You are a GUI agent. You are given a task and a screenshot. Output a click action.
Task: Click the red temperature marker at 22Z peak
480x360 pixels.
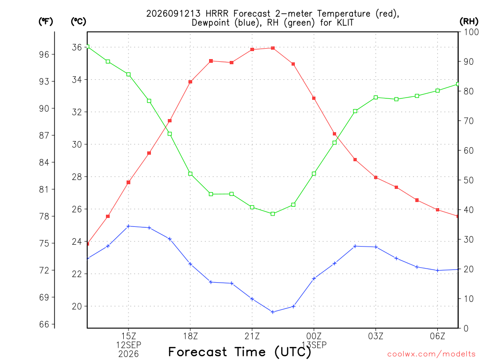point(273,48)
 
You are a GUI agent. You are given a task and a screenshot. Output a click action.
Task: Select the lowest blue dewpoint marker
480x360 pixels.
point(273,312)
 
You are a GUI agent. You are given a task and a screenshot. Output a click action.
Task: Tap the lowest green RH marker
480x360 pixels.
point(273,214)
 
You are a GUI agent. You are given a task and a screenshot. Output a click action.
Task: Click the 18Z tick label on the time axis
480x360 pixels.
point(190,336)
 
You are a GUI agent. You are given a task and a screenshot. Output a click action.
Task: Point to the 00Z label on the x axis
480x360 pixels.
point(314,336)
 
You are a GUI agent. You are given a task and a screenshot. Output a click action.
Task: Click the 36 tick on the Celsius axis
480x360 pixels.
point(77,47)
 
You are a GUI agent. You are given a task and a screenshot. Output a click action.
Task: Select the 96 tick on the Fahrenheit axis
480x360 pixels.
point(44,54)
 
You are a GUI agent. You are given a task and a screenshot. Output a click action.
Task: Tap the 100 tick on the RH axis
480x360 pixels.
point(471,32)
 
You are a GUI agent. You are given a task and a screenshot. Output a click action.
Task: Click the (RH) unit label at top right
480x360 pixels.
point(469,22)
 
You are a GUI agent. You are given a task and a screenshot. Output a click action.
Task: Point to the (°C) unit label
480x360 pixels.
point(78,22)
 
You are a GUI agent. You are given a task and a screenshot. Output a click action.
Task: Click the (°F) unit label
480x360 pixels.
point(45,22)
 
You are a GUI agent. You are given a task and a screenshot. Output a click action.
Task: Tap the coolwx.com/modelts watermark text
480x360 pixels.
point(431,354)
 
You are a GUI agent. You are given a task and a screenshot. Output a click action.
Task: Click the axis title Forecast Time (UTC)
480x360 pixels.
point(240,352)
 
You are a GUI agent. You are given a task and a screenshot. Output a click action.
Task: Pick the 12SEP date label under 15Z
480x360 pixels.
point(128,345)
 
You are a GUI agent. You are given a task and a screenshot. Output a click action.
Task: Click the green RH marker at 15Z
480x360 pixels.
point(128,75)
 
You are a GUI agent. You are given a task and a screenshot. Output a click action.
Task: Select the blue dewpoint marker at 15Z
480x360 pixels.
point(128,226)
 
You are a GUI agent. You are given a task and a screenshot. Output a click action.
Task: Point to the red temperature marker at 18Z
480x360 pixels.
point(190,82)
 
